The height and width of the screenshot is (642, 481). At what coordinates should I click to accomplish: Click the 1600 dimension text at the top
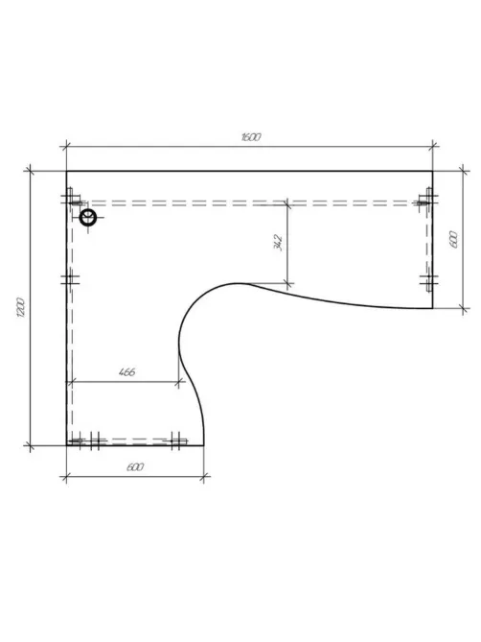(250, 137)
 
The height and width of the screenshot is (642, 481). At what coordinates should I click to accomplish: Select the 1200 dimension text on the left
(21, 307)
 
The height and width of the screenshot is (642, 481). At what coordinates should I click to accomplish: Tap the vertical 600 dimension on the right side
(453, 240)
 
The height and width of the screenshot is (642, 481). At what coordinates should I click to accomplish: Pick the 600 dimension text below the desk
(135, 466)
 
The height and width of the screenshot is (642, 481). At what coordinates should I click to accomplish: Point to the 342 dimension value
(278, 243)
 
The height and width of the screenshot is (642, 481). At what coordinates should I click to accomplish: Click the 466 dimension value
(126, 372)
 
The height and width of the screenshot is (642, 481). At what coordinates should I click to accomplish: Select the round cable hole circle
(87, 217)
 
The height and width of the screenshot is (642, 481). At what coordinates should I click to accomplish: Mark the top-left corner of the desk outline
(67, 171)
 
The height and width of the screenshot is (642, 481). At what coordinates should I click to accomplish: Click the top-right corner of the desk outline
(432, 171)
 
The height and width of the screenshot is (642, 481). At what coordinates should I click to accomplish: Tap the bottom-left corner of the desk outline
(67, 445)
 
